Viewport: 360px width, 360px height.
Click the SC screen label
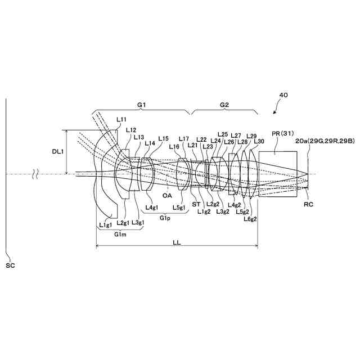10,265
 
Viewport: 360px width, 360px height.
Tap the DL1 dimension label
57,151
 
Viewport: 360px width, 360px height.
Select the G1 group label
141,105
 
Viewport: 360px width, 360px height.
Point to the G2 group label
224,105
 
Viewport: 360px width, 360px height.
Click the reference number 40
283,95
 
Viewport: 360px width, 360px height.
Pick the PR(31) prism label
283,133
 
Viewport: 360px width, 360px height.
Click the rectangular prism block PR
278,174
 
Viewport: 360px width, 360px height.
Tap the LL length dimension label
177,242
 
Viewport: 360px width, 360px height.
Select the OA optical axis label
167,195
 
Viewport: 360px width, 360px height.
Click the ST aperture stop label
196,204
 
